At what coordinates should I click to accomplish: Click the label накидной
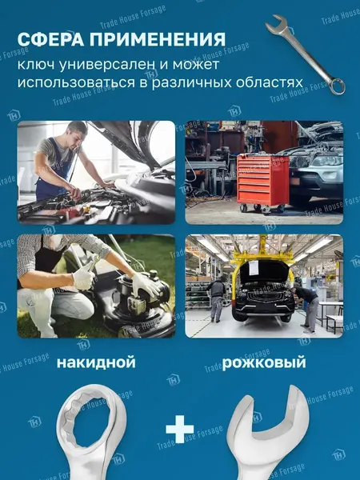click(x=96, y=363)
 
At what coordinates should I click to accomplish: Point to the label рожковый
click(x=264, y=363)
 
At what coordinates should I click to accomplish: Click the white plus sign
click(x=180, y=430)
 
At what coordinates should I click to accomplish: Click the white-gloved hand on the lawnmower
click(x=145, y=284)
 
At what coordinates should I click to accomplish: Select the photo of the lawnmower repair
click(x=96, y=286)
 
